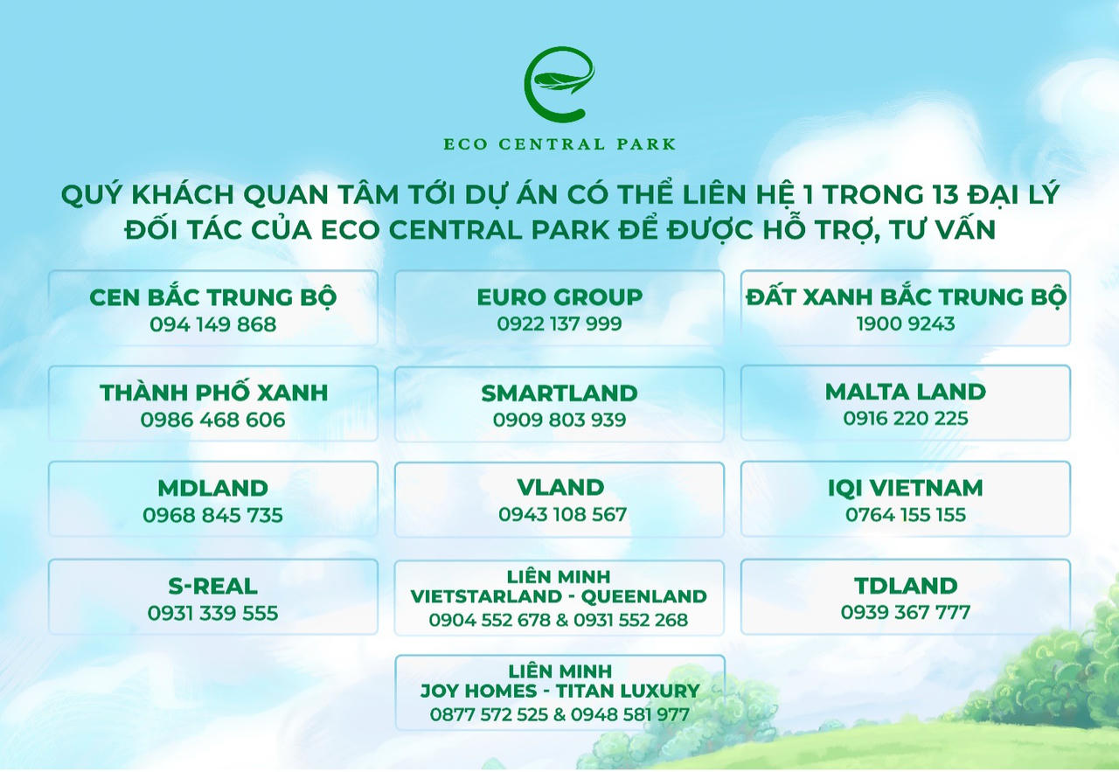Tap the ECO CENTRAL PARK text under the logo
559,144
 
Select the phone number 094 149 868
212,324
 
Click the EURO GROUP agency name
559,296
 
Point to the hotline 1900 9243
906,323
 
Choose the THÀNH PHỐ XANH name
214,392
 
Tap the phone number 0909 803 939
559,420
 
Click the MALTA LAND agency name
906,392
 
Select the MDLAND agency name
212,488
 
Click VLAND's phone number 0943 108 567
562,514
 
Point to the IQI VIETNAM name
906,488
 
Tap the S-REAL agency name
212,586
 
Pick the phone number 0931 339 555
212,613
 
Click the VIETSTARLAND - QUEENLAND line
559,596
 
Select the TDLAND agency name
906,586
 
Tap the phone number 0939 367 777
906,612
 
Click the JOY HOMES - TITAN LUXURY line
560,691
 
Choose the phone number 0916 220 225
906,418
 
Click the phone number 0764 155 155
906,515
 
